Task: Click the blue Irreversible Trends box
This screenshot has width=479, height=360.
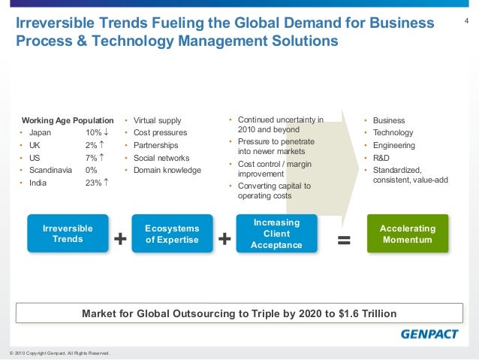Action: click(68, 233)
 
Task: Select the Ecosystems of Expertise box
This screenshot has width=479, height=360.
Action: click(172, 233)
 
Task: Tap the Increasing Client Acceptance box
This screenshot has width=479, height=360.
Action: click(276, 233)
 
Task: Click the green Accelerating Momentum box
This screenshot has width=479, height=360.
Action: click(407, 233)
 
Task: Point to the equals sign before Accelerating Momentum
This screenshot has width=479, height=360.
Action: click(344, 239)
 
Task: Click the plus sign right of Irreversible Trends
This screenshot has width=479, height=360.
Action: click(120, 239)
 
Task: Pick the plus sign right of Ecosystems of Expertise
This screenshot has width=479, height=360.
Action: click(224, 239)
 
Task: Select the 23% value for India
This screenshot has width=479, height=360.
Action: click(93, 183)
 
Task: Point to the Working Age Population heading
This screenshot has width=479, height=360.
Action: click(68, 120)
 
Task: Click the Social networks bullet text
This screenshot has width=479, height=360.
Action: click(161, 158)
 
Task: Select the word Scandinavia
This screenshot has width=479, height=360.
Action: click(50, 170)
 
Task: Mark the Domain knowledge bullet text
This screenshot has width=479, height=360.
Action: click(167, 171)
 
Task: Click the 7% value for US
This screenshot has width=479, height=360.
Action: click(92, 158)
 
